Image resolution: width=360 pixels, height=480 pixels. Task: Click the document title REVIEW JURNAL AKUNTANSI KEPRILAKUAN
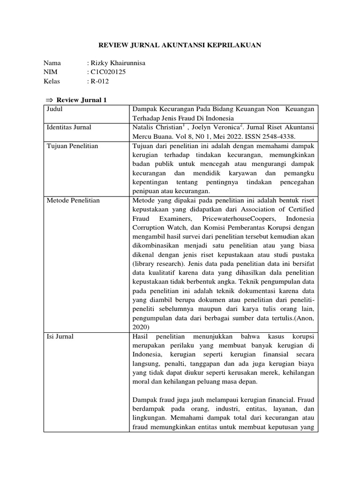click(180, 45)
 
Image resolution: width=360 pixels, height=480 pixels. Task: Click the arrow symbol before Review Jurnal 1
click(50, 100)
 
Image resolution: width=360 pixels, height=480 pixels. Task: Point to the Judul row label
click(55, 109)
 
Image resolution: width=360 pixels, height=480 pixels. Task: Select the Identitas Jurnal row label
click(69, 127)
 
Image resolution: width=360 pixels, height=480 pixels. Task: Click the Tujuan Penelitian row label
click(72, 146)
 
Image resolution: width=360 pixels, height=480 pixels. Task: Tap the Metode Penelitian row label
click(73, 201)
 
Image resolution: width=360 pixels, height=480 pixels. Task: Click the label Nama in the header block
click(52, 63)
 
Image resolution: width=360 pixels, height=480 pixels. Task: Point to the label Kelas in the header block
click(52, 81)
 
